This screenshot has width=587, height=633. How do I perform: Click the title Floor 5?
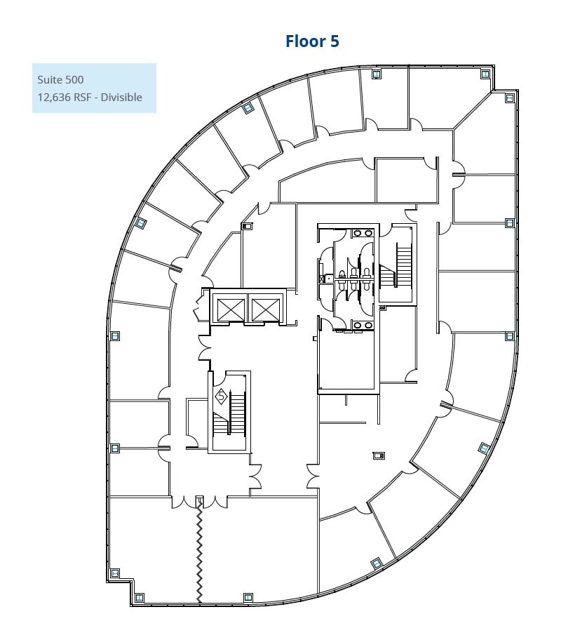[312, 41]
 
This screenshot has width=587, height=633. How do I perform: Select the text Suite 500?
[60, 79]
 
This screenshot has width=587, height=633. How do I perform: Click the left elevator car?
[231, 309]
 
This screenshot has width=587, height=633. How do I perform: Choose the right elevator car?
[265, 309]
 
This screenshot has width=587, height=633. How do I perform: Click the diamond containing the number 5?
[221, 397]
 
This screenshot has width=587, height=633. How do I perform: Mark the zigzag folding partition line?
[200, 551]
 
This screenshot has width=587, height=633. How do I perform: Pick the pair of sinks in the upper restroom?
[363, 233]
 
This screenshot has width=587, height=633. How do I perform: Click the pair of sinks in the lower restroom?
[363, 324]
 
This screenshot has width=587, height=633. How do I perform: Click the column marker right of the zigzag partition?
[248, 597]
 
